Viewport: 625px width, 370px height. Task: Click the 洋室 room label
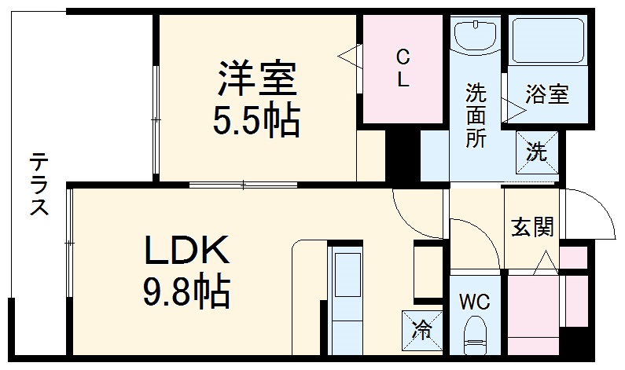tap(256, 79)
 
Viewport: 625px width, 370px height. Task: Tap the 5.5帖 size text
tap(256, 120)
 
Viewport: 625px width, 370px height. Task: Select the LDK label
tap(186, 252)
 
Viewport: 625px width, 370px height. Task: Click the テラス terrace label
tap(39, 185)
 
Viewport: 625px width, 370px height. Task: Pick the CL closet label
tap(403, 68)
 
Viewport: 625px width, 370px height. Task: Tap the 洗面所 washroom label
tap(476, 115)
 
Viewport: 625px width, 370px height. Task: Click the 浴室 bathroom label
tap(546, 94)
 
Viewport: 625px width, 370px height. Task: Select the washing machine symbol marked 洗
tap(536, 151)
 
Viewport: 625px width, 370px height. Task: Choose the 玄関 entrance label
tap(532, 228)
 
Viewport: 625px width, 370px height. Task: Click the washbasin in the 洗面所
tap(476, 35)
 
